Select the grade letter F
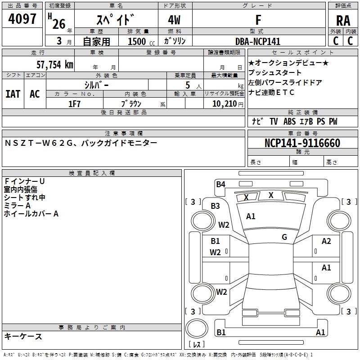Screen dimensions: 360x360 pyautogui.click(x=258, y=20)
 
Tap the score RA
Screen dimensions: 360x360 pyautogui.click(x=343, y=21)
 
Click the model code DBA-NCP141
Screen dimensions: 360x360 pyautogui.click(x=258, y=41)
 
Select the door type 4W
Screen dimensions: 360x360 pyautogui.click(x=175, y=20)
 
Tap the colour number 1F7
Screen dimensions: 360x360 pyautogui.click(x=74, y=103)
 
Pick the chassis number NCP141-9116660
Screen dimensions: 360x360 pyautogui.click(x=302, y=143)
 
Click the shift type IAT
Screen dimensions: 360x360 pyautogui.click(x=13, y=94)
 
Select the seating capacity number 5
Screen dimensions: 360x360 pyautogui.click(x=187, y=85)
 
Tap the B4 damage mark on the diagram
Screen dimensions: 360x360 pyautogui.click(x=220, y=184)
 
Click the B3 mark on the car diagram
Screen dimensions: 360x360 pyautogui.click(x=216, y=206)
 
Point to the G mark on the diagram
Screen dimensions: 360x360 pyautogui.click(x=284, y=237)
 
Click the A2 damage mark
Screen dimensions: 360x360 pyautogui.click(x=326, y=241)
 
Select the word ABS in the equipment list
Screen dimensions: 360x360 pyautogui.click(x=290, y=121)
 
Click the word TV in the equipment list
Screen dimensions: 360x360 pyautogui.click(x=274, y=121)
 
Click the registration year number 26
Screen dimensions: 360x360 pyautogui.click(x=59, y=23)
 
